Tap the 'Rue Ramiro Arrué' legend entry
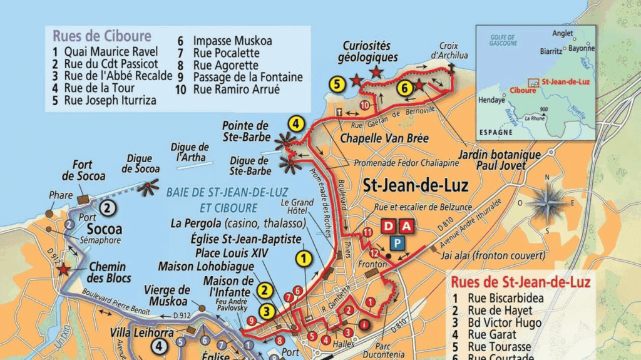pyautogui.click(x=236, y=90)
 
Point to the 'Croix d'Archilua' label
pyautogui.click(x=444, y=51)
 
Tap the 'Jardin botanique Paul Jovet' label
pyautogui.click(x=490, y=160)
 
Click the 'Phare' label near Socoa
pyautogui.click(x=61, y=195)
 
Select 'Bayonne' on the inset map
pyautogui.click(x=582, y=48)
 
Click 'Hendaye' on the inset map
pyautogui.click(x=491, y=100)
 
